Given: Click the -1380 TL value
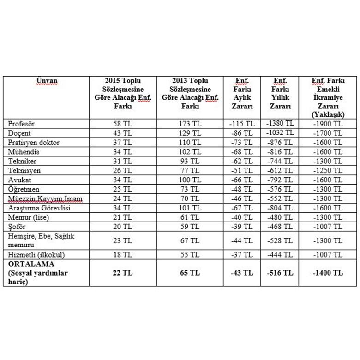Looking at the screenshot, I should pos(280,123).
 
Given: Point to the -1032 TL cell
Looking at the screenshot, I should pos(280,133).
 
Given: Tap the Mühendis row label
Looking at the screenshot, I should pos(24,152).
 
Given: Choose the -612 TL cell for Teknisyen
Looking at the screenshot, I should pos(280,170).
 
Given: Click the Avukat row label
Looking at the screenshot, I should pos(20,180).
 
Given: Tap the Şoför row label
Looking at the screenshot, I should pos(19,226).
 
